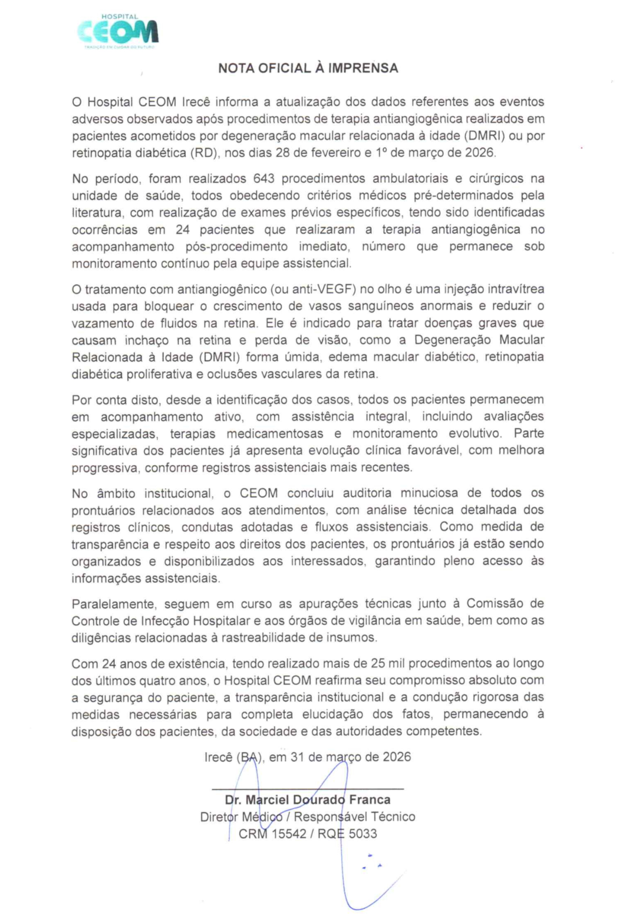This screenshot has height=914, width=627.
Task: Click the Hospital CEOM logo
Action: pyautogui.click(x=118, y=32)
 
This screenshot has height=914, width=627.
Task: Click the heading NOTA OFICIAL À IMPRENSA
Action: pyautogui.click(x=308, y=68)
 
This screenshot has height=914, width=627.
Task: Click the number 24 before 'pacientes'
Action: pyautogui.click(x=183, y=230)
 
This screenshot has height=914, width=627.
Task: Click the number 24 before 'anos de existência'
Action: pyautogui.click(x=109, y=664)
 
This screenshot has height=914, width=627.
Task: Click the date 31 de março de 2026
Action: pyautogui.click(x=351, y=757)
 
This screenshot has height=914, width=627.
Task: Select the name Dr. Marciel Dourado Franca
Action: pyautogui.click(x=308, y=799)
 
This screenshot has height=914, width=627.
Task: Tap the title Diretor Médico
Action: pyautogui.click(x=241, y=816)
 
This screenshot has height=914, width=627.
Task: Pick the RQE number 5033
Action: pyautogui.click(x=362, y=834)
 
